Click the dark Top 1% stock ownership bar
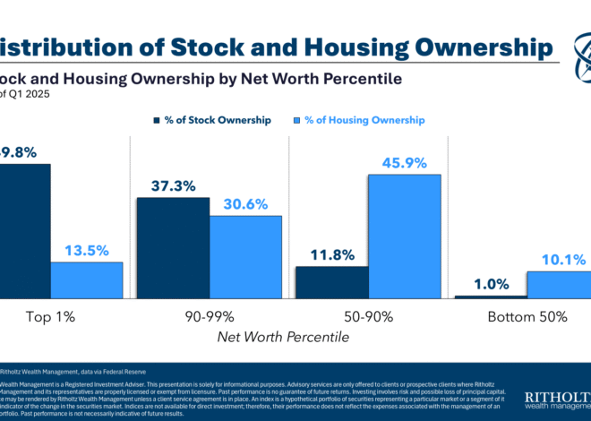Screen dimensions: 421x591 tap(24, 230)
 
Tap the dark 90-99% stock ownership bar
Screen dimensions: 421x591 tap(173, 247)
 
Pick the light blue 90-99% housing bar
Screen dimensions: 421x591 tap(245, 256)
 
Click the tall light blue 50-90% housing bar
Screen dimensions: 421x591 tap(405, 236)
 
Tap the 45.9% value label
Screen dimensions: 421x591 tap(405, 162)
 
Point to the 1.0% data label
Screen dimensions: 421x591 tap(490, 284)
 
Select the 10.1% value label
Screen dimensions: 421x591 tap(563, 260)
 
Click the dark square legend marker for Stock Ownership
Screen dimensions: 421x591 tap(157, 119)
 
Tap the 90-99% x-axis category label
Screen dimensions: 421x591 tap(209, 317)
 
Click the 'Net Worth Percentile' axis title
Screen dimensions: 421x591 tap(283, 338)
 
